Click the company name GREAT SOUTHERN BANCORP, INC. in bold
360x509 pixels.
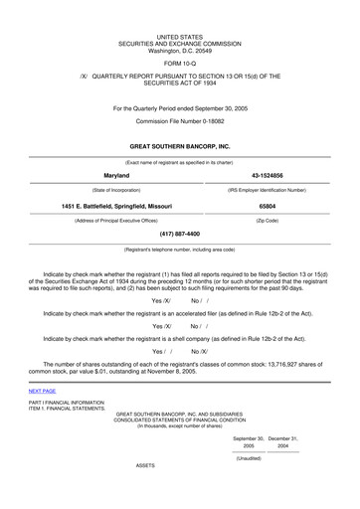(179, 147)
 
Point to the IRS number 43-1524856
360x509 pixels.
(267, 175)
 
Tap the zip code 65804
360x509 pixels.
(267, 206)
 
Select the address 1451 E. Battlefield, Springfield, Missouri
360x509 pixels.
(116, 206)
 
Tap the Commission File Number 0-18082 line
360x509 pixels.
(179, 121)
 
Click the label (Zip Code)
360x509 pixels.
(267, 220)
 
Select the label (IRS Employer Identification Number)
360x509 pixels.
(267, 189)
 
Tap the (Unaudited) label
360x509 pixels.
(249, 458)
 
